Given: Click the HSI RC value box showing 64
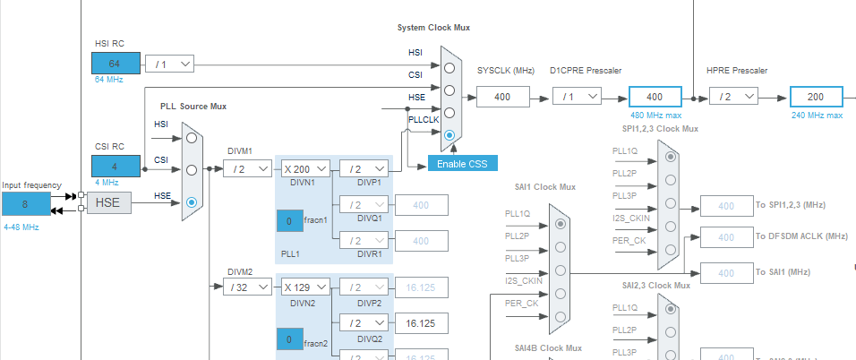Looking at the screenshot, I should point(116,64).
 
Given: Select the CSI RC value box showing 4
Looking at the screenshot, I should point(116,166).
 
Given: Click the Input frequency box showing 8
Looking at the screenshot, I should point(26,203).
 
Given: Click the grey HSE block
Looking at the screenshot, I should point(108,203).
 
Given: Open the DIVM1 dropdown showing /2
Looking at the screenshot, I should point(247,167).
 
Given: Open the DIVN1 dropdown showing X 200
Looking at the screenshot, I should point(305,167).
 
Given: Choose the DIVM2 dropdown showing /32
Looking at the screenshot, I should point(247,287).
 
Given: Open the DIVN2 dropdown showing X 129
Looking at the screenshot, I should point(305,287).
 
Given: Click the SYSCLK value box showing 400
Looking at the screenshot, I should point(503,96).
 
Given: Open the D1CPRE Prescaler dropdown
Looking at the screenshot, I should point(576,96).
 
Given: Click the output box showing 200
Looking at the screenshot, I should point(816,96).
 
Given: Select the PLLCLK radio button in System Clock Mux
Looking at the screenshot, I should point(449,134).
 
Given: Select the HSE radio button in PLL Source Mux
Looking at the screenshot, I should point(191,202).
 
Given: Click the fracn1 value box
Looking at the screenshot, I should point(289,219).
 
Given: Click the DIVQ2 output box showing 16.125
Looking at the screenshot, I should point(421,322).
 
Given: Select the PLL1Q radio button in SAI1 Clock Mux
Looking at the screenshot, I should point(561,224).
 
